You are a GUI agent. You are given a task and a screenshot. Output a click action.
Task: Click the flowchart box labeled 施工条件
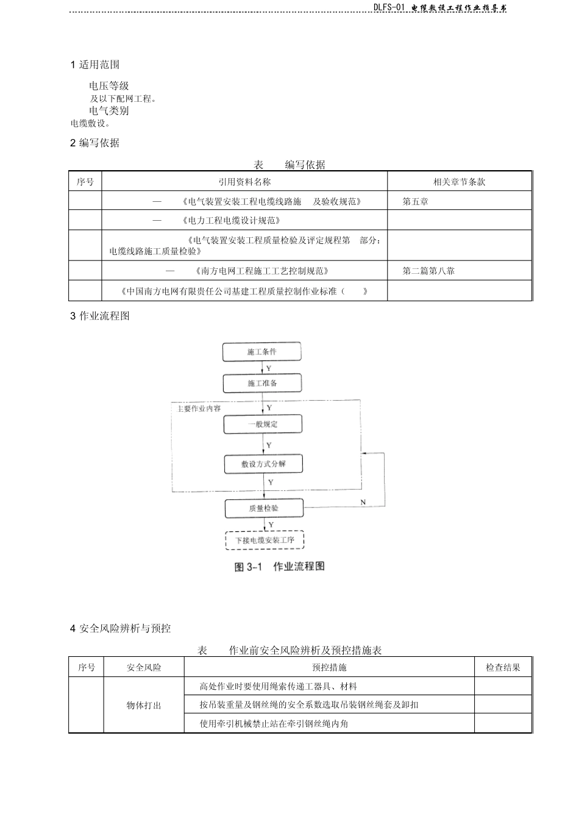(x=262, y=352)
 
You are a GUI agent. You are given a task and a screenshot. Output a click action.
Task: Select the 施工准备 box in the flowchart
(x=262, y=383)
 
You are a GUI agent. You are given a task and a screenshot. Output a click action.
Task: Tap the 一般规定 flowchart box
(x=263, y=424)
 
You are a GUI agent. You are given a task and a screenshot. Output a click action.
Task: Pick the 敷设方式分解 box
(x=263, y=463)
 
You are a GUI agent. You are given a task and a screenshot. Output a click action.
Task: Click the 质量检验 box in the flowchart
(x=263, y=508)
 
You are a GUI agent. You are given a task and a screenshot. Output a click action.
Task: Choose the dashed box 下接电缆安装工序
(x=265, y=540)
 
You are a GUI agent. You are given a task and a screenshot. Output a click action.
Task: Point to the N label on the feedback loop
(x=363, y=502)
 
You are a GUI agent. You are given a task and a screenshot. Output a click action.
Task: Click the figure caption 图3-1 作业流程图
(x=280, y=567)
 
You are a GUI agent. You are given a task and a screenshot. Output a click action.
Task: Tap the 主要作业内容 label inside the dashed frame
(x=199, y=409)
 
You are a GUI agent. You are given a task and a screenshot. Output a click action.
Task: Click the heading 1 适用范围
(x=95, y=65)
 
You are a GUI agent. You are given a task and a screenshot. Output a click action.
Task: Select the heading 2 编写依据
(x=95, y=143)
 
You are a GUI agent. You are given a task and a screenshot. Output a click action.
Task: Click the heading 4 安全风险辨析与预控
(x=121, y=628)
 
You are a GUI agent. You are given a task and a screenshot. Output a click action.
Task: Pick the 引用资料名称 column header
(x=244, y=182)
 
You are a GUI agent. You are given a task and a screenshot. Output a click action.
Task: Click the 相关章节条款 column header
(x=459, y=182)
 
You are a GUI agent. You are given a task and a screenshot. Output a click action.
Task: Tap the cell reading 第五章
(x=415, y=201)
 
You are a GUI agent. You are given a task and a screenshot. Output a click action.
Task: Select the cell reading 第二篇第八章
(x=428, y=271)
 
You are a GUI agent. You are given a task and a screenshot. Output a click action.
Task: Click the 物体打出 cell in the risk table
(x=144, y=706)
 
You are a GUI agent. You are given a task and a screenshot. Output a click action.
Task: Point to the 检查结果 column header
(x=503, y=668)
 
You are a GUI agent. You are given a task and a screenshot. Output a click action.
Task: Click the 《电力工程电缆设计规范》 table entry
(x=231, y=220)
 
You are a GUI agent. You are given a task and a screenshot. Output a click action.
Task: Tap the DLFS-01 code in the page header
(x=389, y=7)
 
